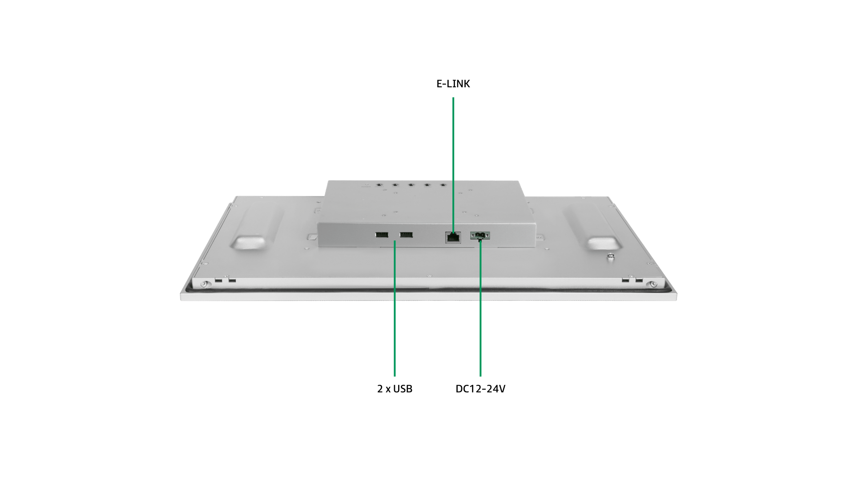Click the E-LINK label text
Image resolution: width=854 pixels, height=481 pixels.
point(453,84)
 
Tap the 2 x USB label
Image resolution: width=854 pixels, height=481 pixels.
point(395,389)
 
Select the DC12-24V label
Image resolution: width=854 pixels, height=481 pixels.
point(480,389)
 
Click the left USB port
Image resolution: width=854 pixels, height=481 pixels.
point(382,235)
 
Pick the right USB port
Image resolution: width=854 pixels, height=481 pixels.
point(406,235)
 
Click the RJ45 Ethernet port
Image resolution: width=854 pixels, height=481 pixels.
point(453,237)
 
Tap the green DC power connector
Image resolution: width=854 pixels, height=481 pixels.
point(480,235)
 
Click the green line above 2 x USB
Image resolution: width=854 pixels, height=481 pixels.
point(395,308)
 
